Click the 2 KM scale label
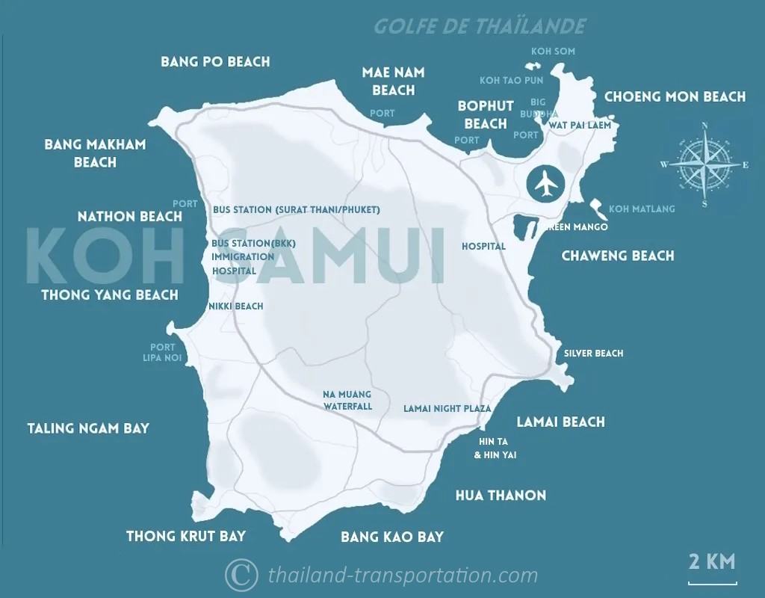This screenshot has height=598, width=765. point(711,561)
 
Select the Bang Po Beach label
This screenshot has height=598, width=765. point(215,61)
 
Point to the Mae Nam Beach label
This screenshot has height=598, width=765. point(393,81)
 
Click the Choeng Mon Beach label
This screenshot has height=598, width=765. point(675,96)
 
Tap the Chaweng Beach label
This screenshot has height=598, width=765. point(618,256)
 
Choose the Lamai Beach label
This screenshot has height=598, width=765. point(561,422)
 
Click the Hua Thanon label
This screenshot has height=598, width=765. point(501,495)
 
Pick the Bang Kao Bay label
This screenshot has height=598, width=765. point(392,537)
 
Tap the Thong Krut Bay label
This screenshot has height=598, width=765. point(186,536)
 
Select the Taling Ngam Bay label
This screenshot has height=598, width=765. point(88,428)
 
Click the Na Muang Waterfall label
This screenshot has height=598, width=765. point(347,400)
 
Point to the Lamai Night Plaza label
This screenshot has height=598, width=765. point(447,409)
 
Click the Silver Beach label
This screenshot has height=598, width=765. point(593,353)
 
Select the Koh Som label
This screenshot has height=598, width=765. point(553,52)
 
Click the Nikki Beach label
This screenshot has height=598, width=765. point(236,306)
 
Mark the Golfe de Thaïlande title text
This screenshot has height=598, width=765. point(480,26)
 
